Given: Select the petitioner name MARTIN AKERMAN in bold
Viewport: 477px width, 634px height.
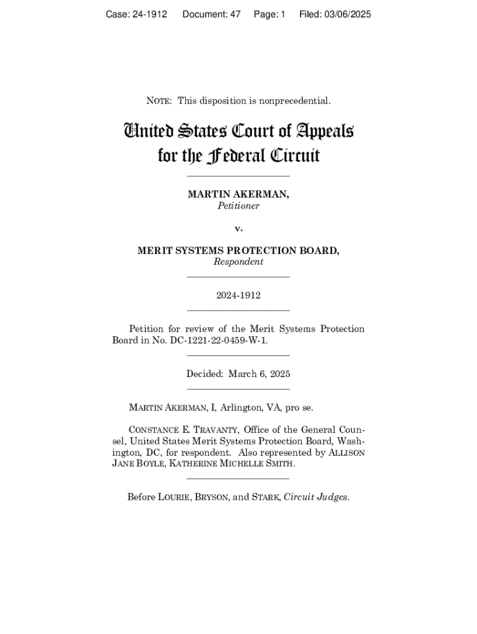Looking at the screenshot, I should [238, 194].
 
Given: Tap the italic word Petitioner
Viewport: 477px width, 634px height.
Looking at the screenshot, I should [239, 206].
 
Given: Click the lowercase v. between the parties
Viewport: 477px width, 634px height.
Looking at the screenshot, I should [239, 228].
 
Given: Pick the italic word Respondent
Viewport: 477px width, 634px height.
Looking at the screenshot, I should [239, 262].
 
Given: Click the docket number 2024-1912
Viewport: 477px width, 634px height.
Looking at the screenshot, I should [239, 295].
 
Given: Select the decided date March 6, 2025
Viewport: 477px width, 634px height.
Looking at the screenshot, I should [259, 374].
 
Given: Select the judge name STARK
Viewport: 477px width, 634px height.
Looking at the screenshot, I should [265, 497].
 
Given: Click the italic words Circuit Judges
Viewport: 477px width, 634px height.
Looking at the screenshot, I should [316, 497].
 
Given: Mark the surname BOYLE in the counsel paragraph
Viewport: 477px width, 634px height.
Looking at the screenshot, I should [148, 464].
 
